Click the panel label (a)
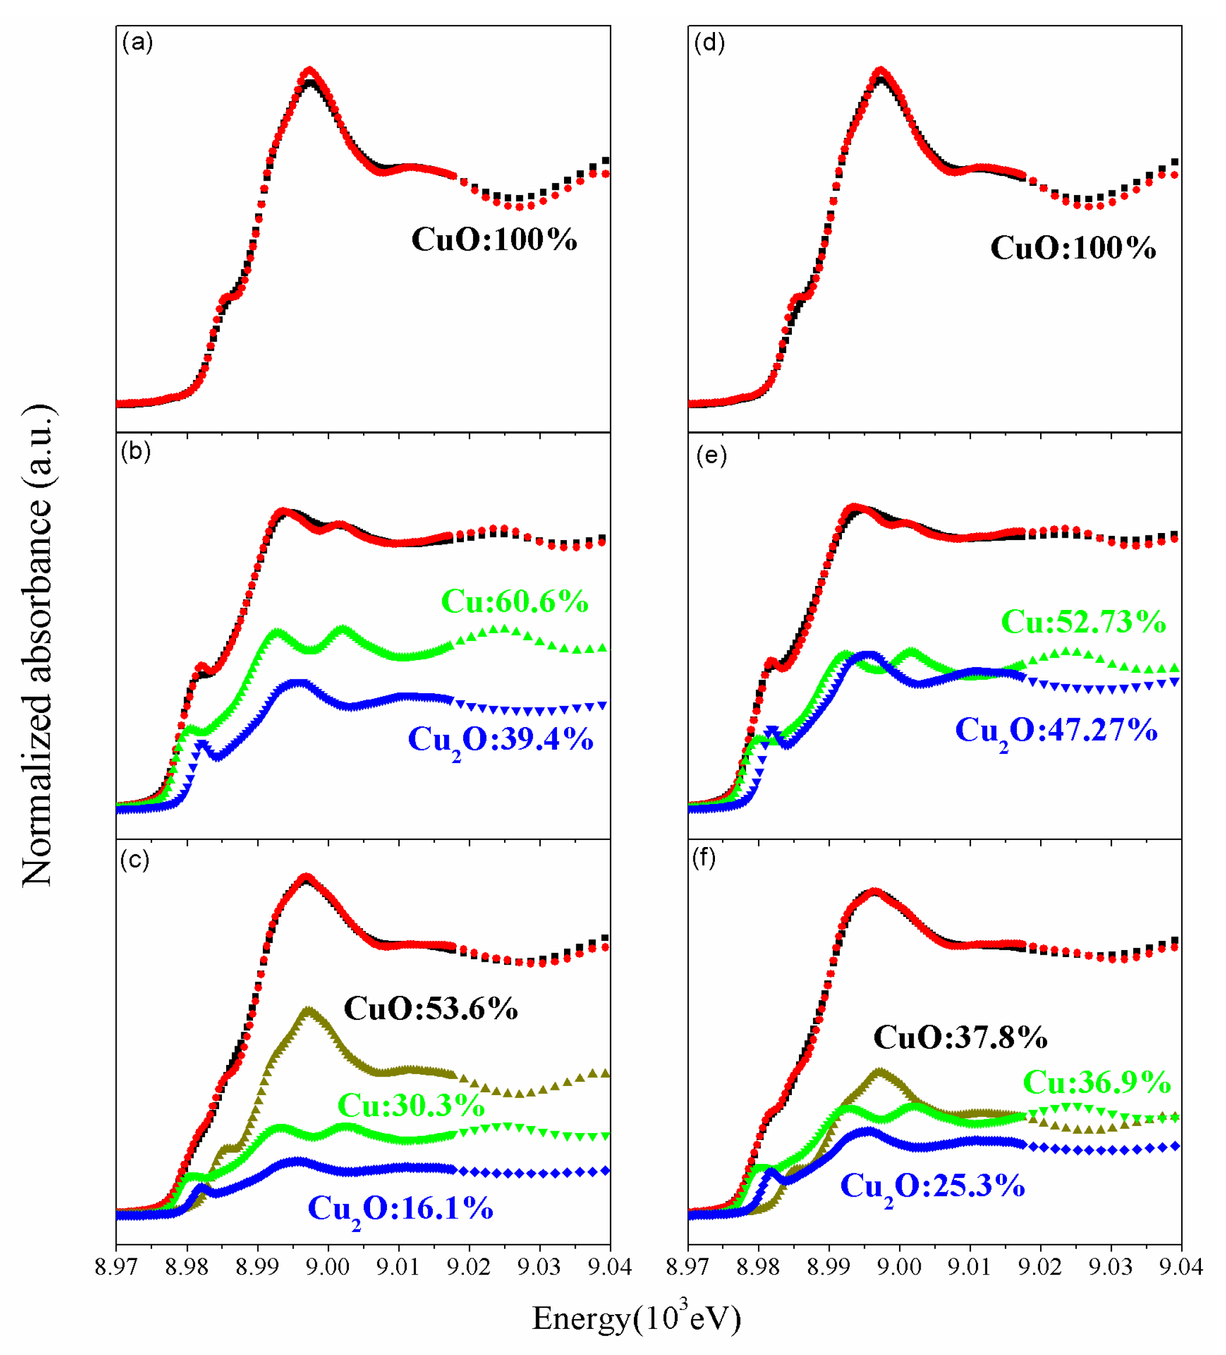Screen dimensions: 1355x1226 tap(137, 43)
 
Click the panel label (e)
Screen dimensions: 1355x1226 tap(710, 456)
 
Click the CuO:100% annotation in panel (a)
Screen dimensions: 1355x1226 tap(494, 239)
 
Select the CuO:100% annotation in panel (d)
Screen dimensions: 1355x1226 tap(1073, 248)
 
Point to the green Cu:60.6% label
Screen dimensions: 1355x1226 tap(514, 601)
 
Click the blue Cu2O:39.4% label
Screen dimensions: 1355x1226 tap(501, 740)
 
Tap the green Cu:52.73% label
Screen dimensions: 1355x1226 tap(1083, 621)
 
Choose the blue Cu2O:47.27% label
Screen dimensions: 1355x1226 tap(1056, 731)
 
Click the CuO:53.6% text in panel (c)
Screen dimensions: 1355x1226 tap(431, 1008)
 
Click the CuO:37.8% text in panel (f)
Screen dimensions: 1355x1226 tap(960, 1037)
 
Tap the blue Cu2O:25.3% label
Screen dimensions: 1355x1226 tap(932, 1186)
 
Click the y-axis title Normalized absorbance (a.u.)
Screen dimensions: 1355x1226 tap(37, 645)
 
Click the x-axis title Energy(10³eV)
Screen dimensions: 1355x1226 tap(636, 1318)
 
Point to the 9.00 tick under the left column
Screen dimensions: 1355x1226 tap(327, 1266)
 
